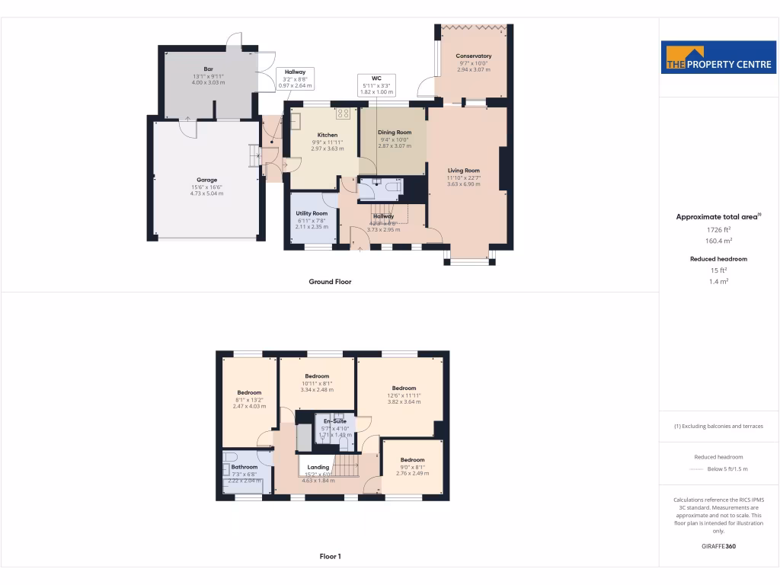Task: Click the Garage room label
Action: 206,181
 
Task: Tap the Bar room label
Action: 208,69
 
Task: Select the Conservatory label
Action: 474,56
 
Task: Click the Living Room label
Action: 463,171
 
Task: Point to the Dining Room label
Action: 395,133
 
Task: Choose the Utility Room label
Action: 311,213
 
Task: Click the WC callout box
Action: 376,84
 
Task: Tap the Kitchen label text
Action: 328,135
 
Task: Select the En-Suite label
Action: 335,421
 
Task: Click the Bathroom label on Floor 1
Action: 245,467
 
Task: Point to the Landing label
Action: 318,467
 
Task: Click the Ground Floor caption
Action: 330,282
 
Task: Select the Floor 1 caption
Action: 330,557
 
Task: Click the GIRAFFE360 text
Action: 718,546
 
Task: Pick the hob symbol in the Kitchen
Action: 343,113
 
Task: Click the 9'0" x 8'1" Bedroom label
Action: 412,460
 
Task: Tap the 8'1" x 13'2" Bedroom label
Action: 248,393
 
